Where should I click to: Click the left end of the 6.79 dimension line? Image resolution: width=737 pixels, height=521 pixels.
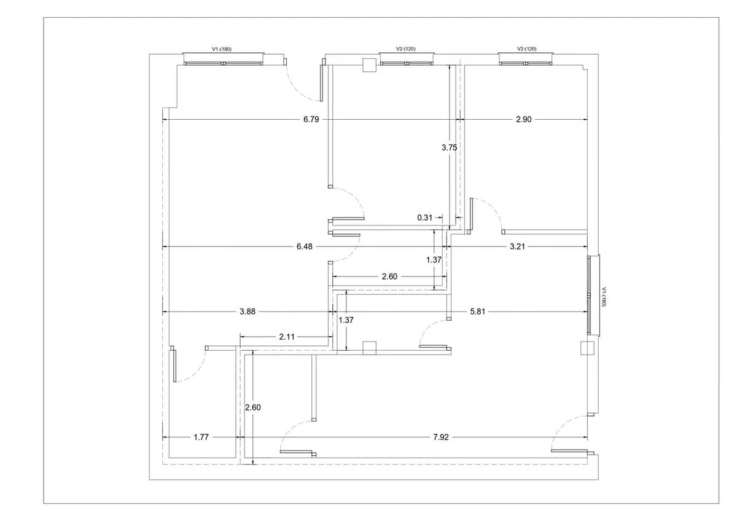click(163, 119)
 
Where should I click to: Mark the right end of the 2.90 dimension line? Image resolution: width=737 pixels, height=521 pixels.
click(588, 119)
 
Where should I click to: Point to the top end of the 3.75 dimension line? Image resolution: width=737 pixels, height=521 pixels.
click(450, 65)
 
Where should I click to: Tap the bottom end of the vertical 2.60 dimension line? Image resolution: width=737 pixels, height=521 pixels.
click(252, 464)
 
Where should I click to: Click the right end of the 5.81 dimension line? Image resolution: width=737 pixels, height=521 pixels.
click(588, 311)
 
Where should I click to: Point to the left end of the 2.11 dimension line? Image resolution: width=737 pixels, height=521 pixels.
click(240, 337)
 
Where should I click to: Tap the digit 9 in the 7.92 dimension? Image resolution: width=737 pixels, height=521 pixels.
click(441, 437)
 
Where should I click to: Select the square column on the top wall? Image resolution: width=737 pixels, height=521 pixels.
click(369, 65)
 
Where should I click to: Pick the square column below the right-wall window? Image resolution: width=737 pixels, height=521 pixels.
click(587, 348)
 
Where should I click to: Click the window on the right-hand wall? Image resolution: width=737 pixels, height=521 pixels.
click(593, 296)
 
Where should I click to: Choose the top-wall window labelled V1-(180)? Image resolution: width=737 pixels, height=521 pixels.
click(224, 58)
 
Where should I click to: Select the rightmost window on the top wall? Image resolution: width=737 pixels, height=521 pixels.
click(526, 58)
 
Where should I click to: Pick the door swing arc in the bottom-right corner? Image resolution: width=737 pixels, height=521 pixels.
click(569, 433)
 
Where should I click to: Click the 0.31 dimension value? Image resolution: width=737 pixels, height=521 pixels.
click(424, 217)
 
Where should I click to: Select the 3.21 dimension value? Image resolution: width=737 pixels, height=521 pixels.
click(517, 246)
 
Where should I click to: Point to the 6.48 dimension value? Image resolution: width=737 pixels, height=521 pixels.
click(305, 246)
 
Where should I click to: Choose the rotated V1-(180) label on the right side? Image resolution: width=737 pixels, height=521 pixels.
click(603, 297)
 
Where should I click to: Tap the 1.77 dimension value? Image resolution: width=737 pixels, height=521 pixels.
click(201, 437)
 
